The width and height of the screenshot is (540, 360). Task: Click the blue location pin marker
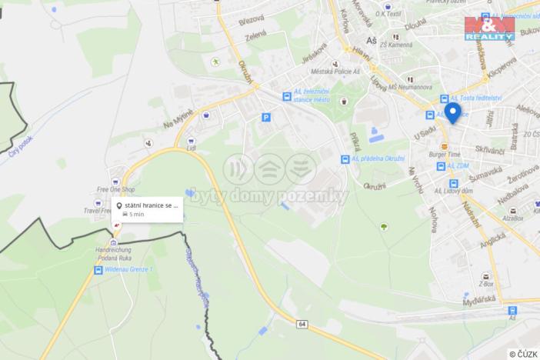click(452, 113)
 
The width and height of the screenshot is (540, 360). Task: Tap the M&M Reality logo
click(489, 28)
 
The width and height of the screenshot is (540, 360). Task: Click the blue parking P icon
click(267, 118)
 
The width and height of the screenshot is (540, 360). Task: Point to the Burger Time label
click(444, 154)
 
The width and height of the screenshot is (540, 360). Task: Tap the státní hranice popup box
click(147, 209)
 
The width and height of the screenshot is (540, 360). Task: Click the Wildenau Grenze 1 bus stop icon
click(98, 270)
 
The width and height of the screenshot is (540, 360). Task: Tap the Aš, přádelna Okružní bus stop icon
click(345, 159)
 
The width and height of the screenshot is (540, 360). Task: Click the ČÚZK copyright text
click(524, 353)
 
